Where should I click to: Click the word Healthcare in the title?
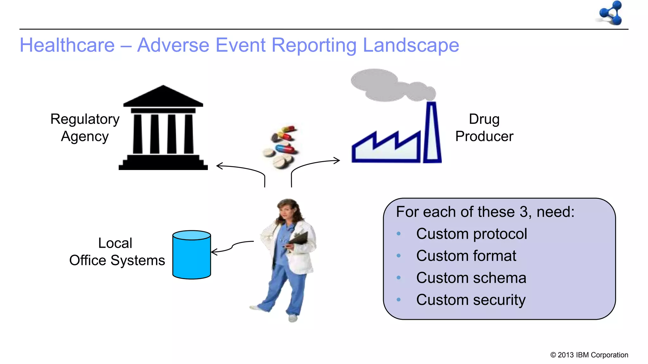(x=67, y=45)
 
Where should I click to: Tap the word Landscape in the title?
(x=411, y=45)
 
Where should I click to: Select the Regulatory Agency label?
(x=85, y=128)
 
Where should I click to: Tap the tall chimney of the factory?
(x=432, y=133)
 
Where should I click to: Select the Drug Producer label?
(x=484, y=128)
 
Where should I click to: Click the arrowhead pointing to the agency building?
(x=219, y=166)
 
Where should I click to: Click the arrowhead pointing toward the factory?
(x=337, y=161)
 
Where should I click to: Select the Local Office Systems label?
(x=116, y=252)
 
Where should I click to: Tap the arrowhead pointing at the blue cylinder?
(x=214, y=252)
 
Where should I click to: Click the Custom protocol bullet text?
(x=471, y=234)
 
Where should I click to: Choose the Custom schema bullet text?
(x=471, y=278)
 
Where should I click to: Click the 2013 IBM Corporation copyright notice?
(x=589, y=355)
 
